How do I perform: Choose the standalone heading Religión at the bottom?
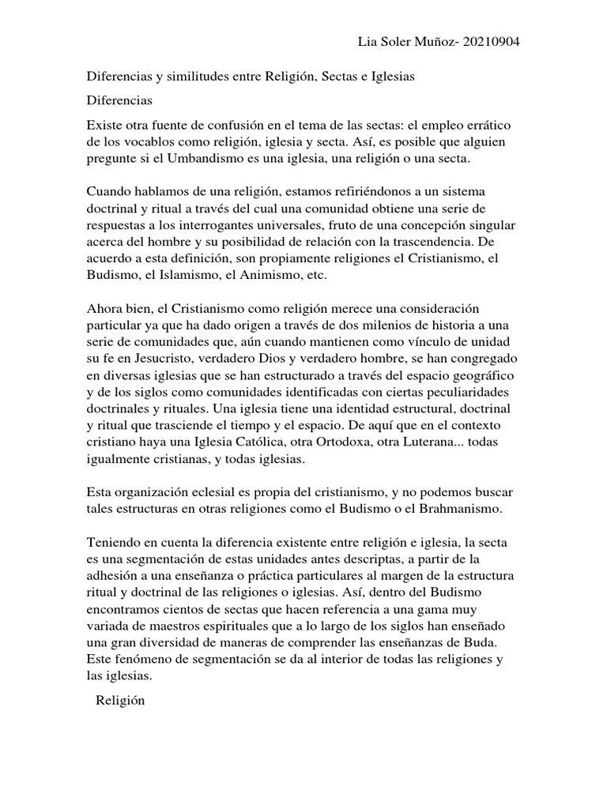coord(120,701)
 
